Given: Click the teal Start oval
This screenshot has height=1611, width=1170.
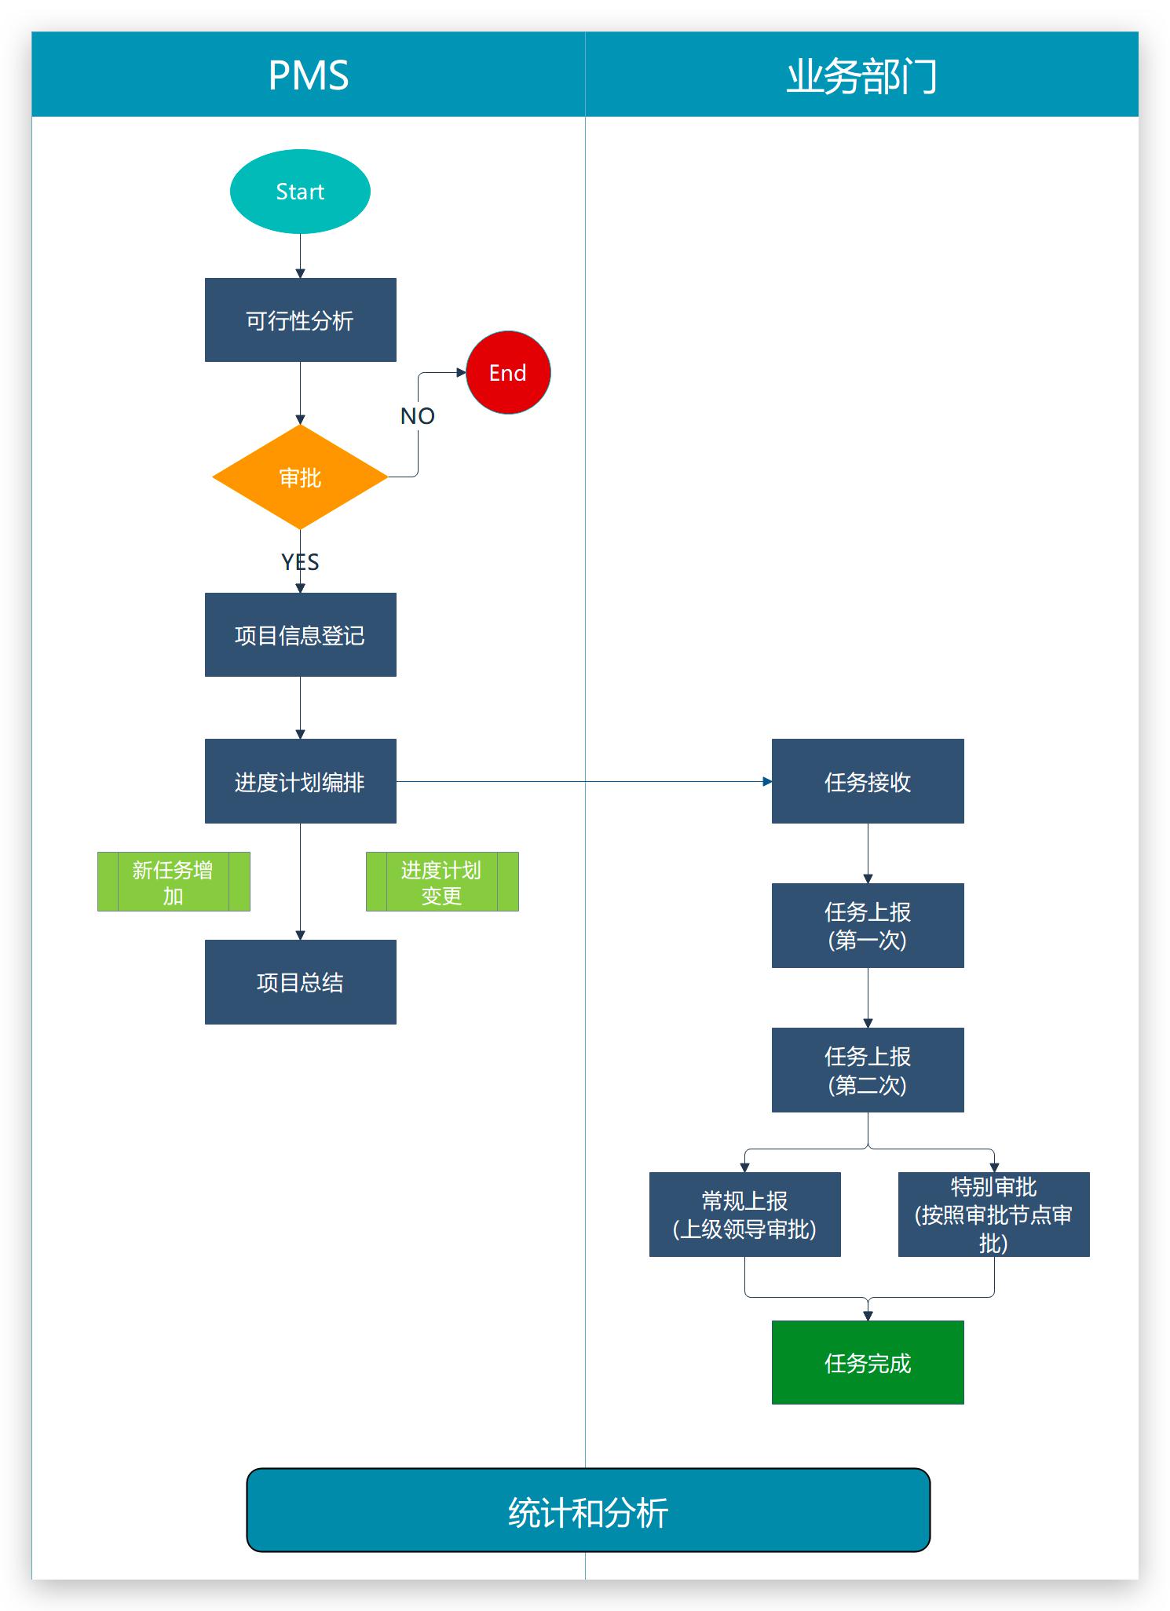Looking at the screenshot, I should coord(300,192).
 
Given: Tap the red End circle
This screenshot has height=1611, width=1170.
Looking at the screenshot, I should coord(508,373).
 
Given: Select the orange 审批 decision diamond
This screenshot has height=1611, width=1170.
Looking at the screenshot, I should coord(300,477).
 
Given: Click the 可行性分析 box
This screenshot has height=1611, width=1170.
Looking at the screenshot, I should coord(300,320).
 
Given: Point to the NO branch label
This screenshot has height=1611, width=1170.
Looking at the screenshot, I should coord(418,416).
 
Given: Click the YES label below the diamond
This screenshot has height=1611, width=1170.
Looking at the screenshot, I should coord(300,562).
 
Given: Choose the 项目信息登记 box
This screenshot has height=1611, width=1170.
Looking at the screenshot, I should coord(300,635).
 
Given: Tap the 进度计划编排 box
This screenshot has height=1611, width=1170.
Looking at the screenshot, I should coord(300,782).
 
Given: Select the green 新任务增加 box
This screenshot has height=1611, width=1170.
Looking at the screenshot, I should coord(174,882).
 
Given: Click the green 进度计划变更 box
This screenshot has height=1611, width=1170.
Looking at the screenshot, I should coord(442,882).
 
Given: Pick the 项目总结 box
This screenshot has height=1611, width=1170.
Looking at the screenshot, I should coord(300,982).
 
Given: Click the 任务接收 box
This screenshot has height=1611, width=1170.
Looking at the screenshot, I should coord(868,782).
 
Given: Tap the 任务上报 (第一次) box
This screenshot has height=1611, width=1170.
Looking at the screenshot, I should coord(868,926).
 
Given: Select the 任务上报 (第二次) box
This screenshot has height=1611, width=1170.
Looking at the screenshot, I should coord(868,1070).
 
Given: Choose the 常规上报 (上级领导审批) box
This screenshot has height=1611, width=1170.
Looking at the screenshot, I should coord(744,1215).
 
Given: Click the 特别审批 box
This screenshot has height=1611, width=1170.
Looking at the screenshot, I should coord(993,1215).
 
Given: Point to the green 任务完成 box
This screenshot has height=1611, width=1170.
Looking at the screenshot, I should coord(868,1363).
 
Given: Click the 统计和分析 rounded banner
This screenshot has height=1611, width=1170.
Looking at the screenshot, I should coord(588,1511).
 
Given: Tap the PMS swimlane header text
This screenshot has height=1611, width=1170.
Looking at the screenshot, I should coord(309,76).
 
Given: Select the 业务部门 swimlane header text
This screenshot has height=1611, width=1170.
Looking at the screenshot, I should coord(862,76).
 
